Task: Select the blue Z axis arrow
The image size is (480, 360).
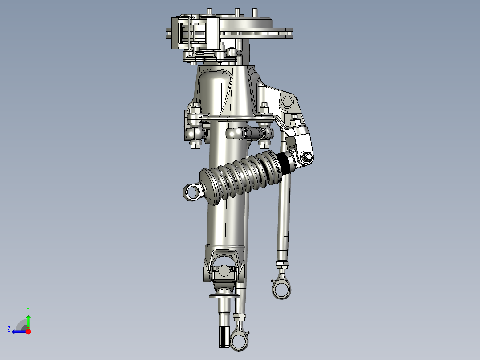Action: (x=18, y=331)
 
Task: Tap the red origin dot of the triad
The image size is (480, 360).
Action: (x=28, y=331)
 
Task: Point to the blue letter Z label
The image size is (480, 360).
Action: (x=9, y=329)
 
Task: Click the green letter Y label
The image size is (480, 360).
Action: (x=28, y=309)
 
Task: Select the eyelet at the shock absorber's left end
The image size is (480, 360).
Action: (x=193, y=192)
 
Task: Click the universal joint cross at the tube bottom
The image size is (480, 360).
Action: (x=224, y=270)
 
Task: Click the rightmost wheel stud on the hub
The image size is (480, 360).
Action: (x=255, y=12)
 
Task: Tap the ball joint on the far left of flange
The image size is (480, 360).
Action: (x=193, y=133)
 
